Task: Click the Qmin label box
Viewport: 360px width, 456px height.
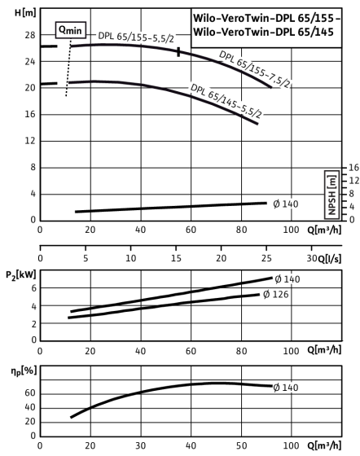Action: (71, 30)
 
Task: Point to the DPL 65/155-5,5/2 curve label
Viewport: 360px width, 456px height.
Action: (136, 37)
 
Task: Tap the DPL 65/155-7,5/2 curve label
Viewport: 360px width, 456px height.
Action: (254, 69)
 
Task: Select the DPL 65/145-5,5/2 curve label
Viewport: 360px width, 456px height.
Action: (226, 101)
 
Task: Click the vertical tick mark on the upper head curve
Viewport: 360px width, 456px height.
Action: (178, 52)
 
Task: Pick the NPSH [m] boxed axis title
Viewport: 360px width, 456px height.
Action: (331, 195)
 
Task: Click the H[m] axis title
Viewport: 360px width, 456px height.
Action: (25, 13)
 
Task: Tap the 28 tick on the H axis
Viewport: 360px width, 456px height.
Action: (30, 35)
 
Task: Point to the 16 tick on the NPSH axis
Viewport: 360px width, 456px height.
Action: (353, 168)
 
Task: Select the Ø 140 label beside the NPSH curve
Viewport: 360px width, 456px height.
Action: (286, 204)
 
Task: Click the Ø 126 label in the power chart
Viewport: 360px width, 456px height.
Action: (275, 295)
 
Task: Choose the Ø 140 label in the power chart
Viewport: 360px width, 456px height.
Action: (288, 279)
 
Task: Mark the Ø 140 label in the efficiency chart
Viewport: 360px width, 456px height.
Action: (286, 388)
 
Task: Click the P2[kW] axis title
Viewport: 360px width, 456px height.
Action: (21, 275)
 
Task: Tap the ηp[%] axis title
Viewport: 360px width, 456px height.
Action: (24, 371)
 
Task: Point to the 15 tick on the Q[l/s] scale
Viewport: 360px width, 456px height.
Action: (176, 258)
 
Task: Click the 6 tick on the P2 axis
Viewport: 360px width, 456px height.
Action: (34, 288)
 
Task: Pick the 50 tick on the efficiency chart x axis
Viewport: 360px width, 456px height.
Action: (241, 446)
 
